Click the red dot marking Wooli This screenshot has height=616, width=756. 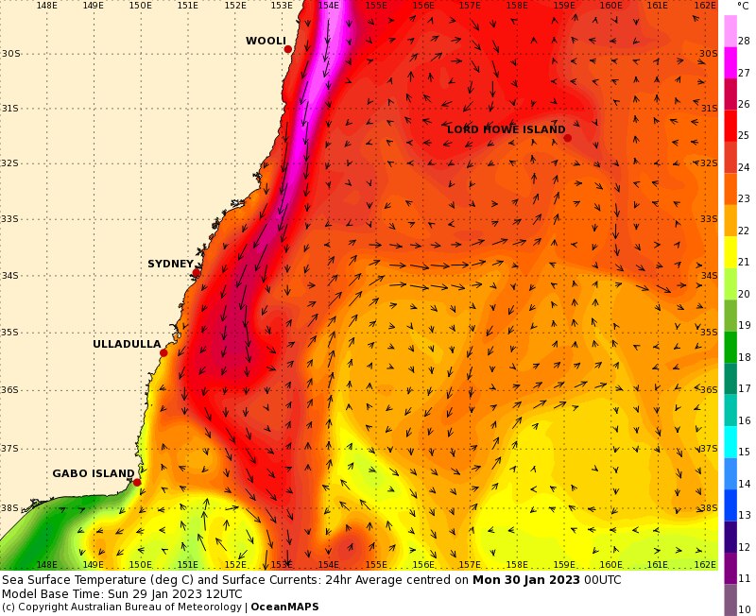coord(288,49)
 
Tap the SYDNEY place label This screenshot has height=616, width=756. coord(170,264)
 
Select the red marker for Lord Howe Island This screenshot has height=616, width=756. coord(568,138)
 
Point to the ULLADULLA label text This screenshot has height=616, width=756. coord(127,344)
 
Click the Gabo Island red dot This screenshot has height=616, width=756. coord(137,482)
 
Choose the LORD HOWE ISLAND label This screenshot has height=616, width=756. coord(506,129)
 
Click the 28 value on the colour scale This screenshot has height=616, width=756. coord(744,41)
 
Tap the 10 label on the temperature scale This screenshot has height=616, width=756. coord(744,609)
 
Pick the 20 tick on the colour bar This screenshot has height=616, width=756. coord(744,294)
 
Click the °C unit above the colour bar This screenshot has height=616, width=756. coord(743,6)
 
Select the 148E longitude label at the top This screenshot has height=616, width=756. coord(46,6)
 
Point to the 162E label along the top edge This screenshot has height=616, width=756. coord(705,6)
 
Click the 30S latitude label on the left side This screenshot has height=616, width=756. coord(10,53)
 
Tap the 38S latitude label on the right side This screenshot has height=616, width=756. coord(709,508)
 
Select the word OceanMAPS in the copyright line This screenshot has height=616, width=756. coord(284,607)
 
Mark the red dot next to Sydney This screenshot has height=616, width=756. coord(197,273)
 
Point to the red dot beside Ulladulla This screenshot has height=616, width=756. coord(163,353)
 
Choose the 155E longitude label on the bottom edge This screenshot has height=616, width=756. coord(376,564)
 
